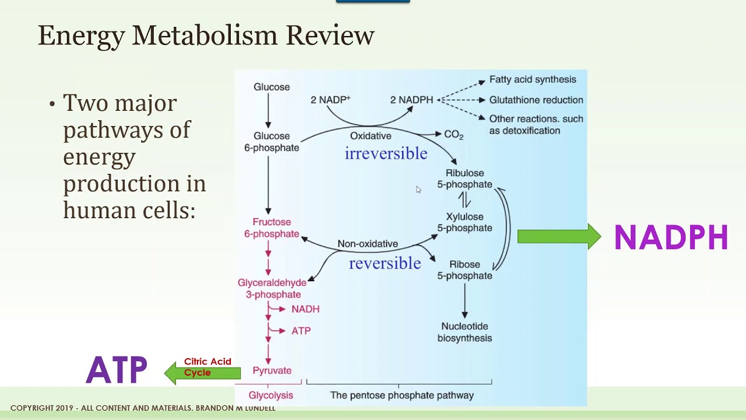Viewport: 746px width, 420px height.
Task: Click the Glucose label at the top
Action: click(x=272, y=87)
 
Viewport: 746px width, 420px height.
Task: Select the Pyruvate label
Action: click(x=272, y=370)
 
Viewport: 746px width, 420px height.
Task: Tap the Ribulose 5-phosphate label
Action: click(x=465, y=178)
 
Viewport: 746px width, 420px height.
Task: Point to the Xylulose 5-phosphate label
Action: click(x=465, y=222)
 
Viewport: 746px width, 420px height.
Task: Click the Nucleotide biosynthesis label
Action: click(x=465, y=332)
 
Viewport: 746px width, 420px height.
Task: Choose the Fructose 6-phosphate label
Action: click(x=272, y=228)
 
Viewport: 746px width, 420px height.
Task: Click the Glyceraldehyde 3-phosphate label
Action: click(x=272, y=289)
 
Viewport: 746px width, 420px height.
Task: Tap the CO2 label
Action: click(x=453, y=135)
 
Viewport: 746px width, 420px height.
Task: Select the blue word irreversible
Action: click(x=386, y=153)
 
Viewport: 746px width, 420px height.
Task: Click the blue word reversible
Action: click(x=385, y=263)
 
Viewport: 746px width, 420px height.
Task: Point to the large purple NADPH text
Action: click(x=671, y=238)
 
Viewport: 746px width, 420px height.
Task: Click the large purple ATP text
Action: click(x=117, y=370)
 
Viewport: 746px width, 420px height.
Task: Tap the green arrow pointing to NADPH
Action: click(x=559, y=236)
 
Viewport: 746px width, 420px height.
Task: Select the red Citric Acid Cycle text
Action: click(x=207, y=367)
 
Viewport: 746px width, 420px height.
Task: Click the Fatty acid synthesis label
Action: click(x=532, y=79)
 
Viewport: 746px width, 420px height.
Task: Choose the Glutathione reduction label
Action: click(x=536, y=100)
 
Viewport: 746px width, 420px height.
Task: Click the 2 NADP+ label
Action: click(x=330, y=100)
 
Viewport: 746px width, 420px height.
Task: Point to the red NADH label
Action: click(x=305, y=309)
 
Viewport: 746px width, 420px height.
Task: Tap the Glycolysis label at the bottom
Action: click(x=270, y=395)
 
